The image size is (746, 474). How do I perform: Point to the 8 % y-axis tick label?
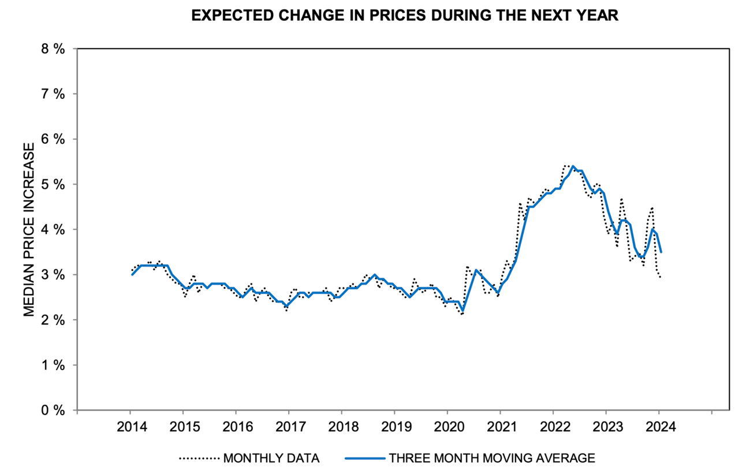click(x=53, y=49)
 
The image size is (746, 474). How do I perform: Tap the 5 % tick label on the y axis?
click(x=53, y=184)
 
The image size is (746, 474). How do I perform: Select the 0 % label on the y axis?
click(x=53, y=410)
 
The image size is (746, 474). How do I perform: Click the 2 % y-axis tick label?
click(x=53, y=320)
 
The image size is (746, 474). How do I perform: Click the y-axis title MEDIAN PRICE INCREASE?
click(x=29, y=229)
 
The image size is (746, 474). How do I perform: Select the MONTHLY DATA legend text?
click(x=271, y=458)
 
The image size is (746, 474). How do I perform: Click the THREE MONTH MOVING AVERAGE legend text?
click(x=491, y=458)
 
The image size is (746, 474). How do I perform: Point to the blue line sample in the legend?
click(x=365, y=458)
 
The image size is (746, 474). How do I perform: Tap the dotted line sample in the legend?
click(x=199, y=458)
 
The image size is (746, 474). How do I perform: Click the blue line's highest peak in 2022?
click(x=572, y=166)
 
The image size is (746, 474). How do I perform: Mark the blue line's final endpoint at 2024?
click(x=661, y=252)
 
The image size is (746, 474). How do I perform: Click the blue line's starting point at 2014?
click(x=132, y=274)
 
